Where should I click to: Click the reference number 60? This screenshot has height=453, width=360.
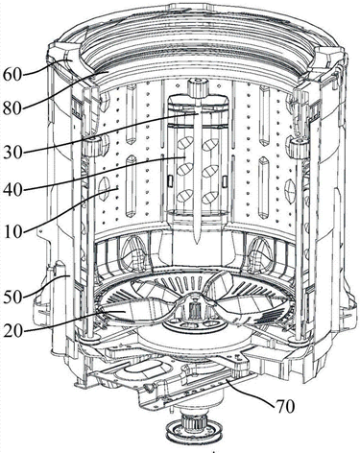tap(12, 74)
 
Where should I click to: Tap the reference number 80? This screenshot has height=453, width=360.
tap(12, 108)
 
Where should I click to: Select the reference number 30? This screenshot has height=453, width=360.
tap(12, 153)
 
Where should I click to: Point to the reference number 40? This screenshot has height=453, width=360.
tap(12, 191)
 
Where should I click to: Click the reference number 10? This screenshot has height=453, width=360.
tap(12, 231)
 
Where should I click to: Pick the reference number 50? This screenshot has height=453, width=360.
tap(12, 298)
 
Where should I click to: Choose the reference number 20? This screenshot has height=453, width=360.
tap(12, 331)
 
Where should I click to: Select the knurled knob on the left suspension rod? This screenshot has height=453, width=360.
tap(94, 146)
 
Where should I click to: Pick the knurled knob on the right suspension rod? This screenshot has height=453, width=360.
tap(298, 145)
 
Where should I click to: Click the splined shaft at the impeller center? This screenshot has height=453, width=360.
tap(193, 309)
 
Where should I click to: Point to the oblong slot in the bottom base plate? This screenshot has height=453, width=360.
tap(144, 368)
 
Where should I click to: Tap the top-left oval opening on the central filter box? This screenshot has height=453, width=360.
tap(185, 143)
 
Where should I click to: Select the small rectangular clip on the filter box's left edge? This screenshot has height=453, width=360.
tap(171, 181)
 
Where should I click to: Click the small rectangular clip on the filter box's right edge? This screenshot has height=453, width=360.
tap(224, 181)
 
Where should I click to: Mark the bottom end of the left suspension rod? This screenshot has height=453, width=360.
tap(89, 337)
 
